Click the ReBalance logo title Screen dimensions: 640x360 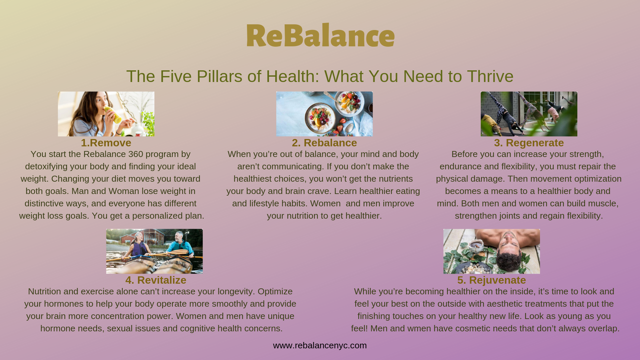point(320,35)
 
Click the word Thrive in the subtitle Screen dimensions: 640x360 point(490,76)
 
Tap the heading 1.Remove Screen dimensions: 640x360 point(106,143)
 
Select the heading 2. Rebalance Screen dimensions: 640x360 point(324,143)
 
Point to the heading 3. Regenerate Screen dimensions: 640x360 point(529,143)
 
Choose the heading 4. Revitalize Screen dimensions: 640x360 point(156,280)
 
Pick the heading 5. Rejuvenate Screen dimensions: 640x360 point(492,280)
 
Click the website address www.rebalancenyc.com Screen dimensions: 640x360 point(320,345)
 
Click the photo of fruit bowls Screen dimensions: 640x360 point(324,114)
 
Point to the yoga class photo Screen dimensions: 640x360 point(529,114)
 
